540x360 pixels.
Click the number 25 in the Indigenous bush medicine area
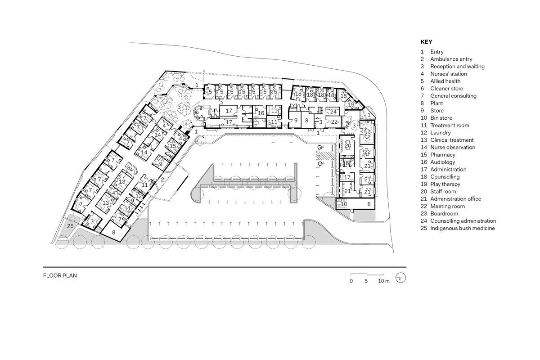tap(70, 226)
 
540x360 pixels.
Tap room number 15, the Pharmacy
tap(173, 145)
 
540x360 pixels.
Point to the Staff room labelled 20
tap(348, 145)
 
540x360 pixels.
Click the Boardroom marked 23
tap(367, 133)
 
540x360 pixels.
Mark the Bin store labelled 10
tap(344, 204)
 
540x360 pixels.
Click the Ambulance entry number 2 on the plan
tap(162, 179)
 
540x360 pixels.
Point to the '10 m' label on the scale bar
tap(383, 281)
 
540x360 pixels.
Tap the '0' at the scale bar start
tap(351, 281)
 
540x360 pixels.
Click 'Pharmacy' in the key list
tap(442, 155)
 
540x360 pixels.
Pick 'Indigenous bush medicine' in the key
tap(462, 228)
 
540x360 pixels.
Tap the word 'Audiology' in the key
tap(442, 162)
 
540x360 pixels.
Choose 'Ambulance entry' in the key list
tap(451, 59)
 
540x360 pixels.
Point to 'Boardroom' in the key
tap(444, 213)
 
